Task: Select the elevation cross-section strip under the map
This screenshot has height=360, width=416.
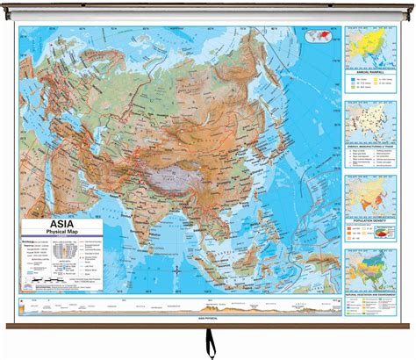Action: [176, 307]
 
